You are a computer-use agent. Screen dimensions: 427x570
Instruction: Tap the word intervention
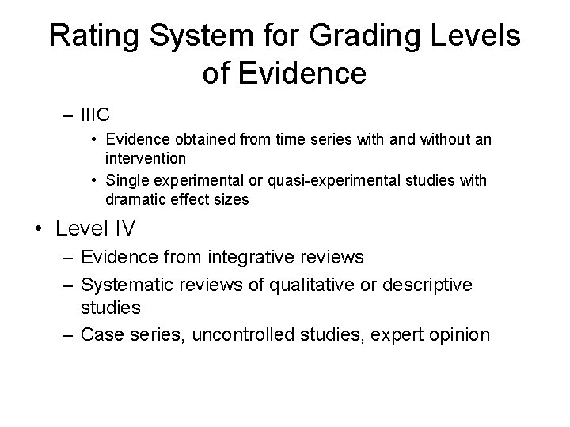143,157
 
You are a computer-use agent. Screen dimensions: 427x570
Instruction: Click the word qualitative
333,283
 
